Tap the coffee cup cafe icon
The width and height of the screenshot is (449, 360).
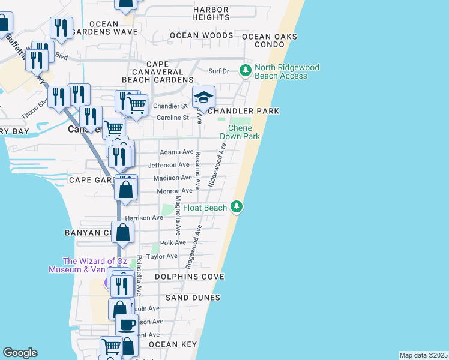pyautogui.click(x=127, y=325)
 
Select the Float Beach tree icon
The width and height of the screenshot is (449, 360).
pyautogui.click(x=237, y=208)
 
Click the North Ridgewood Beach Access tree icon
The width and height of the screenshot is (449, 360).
pyautogui.click(x=245, y=71)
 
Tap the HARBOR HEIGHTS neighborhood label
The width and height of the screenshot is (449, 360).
pyautogui.click(x=211, y=14)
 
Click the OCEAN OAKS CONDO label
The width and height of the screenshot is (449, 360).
pyautogui.click(x=270, y=40)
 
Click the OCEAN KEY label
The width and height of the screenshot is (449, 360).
pyautogui.click(x=172, y=344)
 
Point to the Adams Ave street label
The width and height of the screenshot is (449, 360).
pyautogui.click(x=176, y=152)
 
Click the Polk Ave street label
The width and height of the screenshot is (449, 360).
pyautogui.click(x=172, y=243)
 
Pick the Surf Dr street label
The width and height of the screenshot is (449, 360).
pyautogui.click(x=218, y=71)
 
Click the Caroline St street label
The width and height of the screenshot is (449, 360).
pyautogui.click(x=173, y=118)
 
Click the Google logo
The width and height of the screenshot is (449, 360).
pyautogui.click(x=20, y=353)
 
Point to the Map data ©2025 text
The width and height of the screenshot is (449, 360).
pyautogui.click(x=423, y=355)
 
